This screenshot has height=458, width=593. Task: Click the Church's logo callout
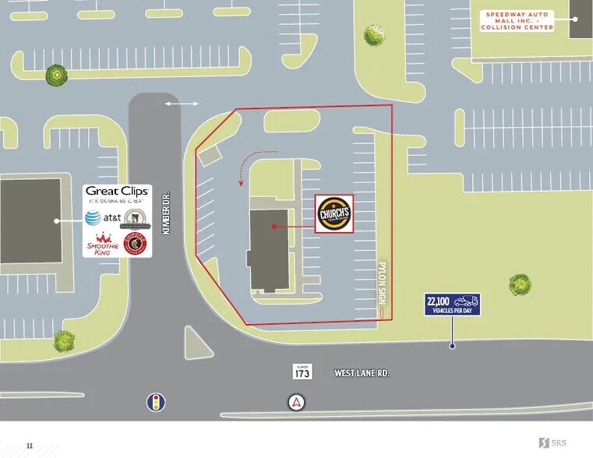pos(334,213)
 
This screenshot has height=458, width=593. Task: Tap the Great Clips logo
pos(117,192)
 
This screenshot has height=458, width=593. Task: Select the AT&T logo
pos(101,218)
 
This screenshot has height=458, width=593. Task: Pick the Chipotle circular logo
pos(135,243)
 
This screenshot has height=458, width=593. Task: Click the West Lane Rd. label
pos(362,374)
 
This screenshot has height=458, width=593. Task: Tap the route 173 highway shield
pos(302,372)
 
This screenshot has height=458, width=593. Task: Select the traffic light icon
pos(157,402)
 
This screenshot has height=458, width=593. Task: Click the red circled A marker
pos(296,402)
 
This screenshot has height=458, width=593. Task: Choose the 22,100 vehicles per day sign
pos(452,304)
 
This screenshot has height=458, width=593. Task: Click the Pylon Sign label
pos(382,280)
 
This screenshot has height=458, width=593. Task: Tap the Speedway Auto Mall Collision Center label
pos(517,21)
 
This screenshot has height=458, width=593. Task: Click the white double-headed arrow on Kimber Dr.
pos(181,103)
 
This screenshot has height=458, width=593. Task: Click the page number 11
pos(30,446)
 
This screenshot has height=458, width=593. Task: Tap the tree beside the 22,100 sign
pos(520,284)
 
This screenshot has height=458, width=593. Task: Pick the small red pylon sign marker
pos(382,312)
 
